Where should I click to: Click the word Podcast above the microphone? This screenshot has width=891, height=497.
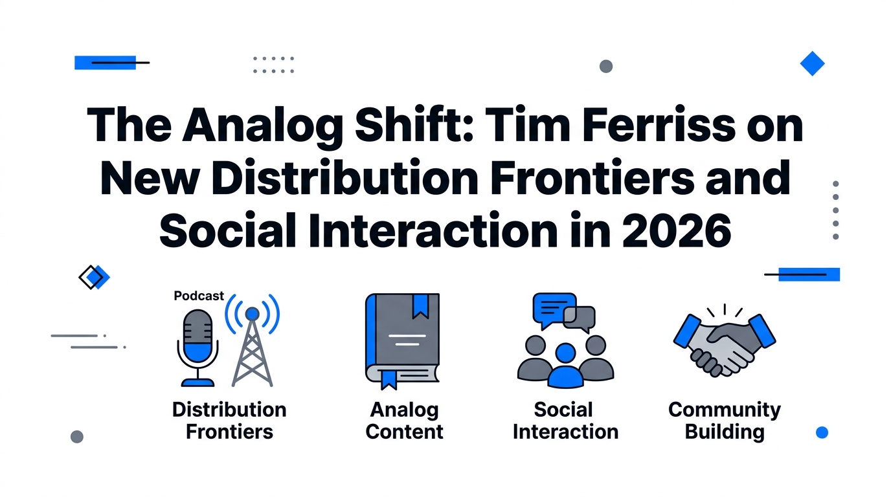click(199, 296)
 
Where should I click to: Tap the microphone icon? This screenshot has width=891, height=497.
click(197, 343)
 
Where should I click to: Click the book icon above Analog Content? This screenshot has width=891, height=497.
click(402, 340)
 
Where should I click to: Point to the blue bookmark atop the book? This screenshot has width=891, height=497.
click(420, 305)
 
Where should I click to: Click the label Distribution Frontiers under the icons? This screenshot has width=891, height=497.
click(229, 421)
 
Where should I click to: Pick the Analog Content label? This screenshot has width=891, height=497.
click(404, 421)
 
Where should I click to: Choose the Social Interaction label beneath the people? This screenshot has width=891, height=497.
click(565, 421)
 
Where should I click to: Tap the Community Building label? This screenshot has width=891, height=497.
click(725, 421)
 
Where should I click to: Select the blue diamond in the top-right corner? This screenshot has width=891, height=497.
click(812, 63)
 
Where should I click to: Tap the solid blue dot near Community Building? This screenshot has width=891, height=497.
click(822, 432)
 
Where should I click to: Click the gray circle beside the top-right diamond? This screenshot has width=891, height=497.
click(606, 66)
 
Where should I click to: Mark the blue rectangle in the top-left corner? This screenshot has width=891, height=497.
click(105, 63)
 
